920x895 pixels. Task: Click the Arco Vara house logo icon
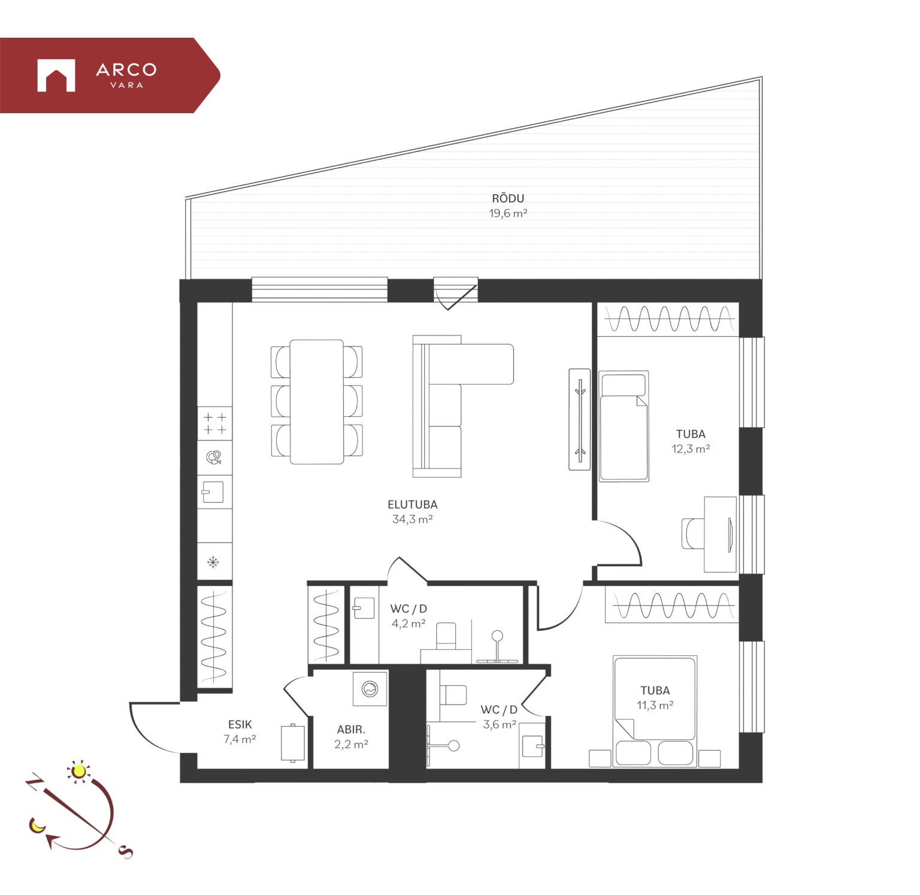point(56,75)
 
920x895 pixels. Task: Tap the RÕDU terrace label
point(508,198)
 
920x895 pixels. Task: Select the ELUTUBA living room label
point(413,504)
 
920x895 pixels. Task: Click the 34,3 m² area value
point(413,519)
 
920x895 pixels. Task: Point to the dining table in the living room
point(317,402)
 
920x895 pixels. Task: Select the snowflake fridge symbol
point(213,562)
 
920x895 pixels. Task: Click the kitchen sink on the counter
point(213,492)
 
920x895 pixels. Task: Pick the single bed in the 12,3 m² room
point(624,426)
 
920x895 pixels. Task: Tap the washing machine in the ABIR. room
point(370,689)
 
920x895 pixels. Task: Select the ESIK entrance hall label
point(240,724)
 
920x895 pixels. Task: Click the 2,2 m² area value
point(351,744)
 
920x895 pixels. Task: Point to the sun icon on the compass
point(78,771)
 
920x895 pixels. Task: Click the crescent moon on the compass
point(37,826)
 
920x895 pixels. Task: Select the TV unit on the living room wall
point(580,419)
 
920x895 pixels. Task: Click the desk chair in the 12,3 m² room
point(693,533)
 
